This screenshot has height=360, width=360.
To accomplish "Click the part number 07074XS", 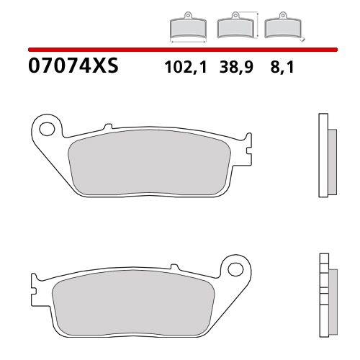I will coord(72,68).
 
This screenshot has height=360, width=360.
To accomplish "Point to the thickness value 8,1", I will coord(276,68).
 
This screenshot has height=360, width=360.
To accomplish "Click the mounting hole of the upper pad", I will coord(48,130).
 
